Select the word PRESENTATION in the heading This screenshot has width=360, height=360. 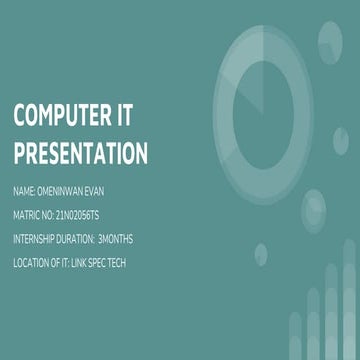pyautogui.click(x=80, y=152)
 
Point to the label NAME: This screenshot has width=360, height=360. pyautogui.click(x=25, y=191)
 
